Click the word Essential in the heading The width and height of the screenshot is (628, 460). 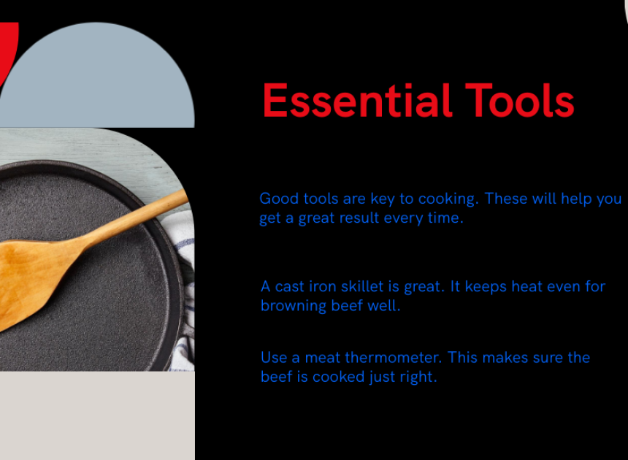357,101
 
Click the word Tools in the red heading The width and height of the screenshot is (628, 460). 519,101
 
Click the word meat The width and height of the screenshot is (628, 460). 323,358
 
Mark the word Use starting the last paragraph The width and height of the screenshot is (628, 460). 274,357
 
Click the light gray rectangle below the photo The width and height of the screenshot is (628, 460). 97,415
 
